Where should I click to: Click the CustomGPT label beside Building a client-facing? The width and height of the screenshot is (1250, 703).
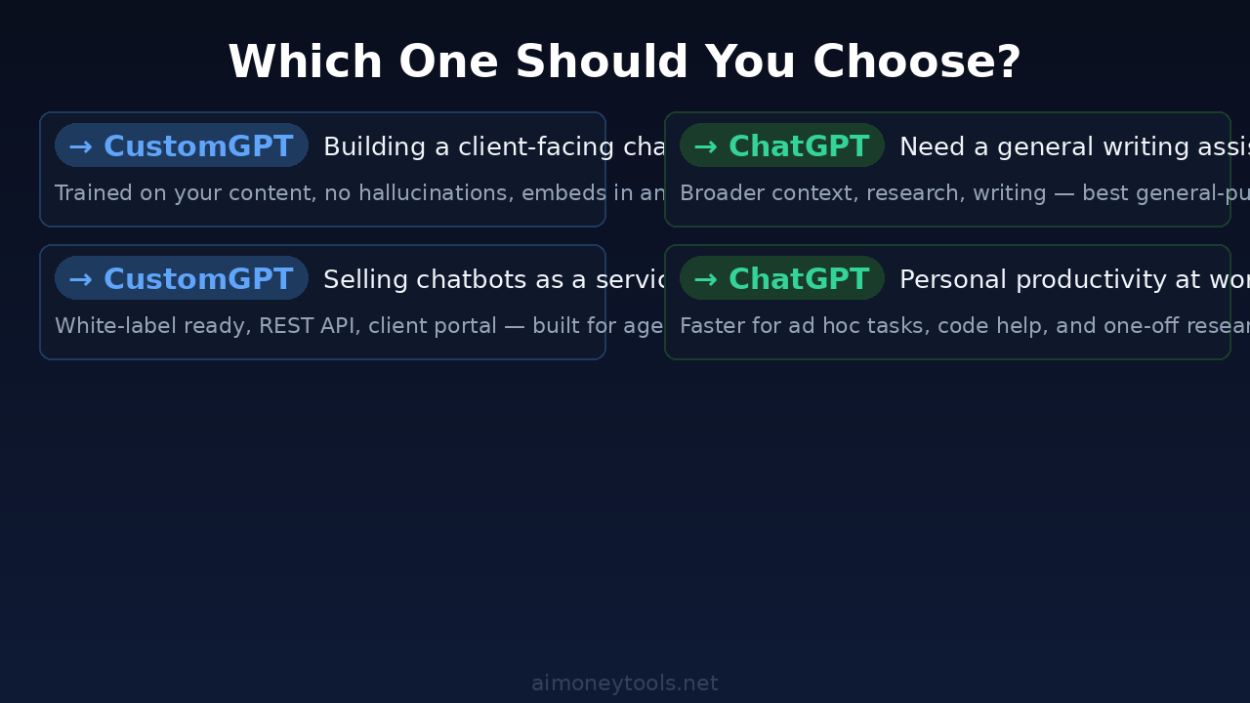click(x=198, y=146)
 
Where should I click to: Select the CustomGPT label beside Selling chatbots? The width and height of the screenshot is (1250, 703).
click(x=198, y=279)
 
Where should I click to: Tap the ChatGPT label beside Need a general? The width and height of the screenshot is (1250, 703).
click(x=799, y=146)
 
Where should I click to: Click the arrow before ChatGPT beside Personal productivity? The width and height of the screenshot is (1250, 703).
click(x=705, y=279)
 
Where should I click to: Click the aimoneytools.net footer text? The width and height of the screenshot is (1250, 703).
click(x=625, y=683)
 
